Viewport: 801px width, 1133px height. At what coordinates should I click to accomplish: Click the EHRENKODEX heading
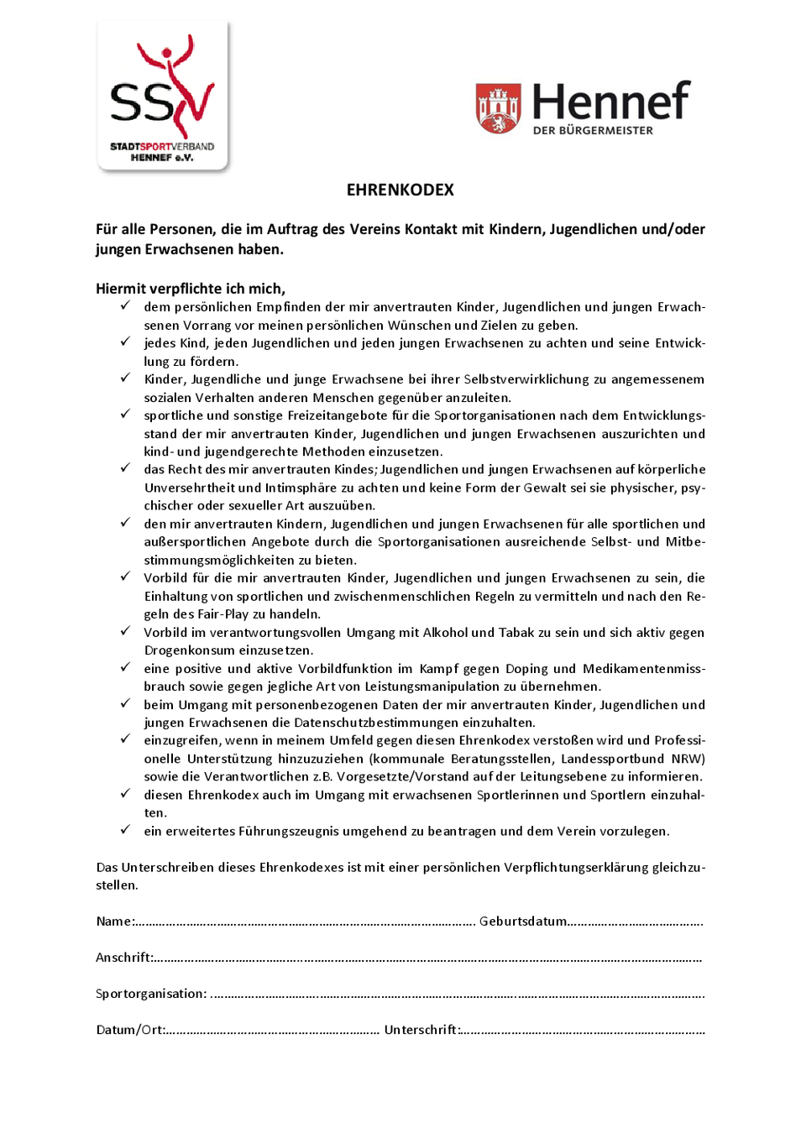click(x=400, y=190)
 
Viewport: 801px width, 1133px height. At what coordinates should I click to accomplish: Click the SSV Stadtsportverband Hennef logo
click(x=163, y=97)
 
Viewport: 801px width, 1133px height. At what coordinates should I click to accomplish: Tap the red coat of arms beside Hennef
click(x=498, y=108)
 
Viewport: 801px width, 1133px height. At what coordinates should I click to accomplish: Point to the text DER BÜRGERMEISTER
click(x=592, y=131)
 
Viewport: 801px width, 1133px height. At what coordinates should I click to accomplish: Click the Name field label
click(x=114, y=922)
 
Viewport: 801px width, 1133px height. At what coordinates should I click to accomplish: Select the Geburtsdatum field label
click(x=522, y=922)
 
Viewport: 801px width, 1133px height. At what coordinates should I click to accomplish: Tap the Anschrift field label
click(x=123, y=958)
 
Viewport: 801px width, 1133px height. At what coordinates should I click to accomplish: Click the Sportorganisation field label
click(x=150, y=994)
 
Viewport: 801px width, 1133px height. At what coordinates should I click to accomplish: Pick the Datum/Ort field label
click(x=130, y=1030)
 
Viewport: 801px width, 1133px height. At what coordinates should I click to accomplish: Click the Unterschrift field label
click(x=421, y=1030)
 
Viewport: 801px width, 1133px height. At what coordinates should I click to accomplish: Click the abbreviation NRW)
click(x=688, y=759)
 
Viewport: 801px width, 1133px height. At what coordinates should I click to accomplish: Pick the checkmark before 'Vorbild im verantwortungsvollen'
click(x=125, y=631)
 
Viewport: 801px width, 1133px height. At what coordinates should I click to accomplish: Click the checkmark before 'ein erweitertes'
click(x=125, y=830)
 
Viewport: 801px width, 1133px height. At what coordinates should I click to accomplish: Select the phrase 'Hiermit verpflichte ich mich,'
click(x=191, y=289)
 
